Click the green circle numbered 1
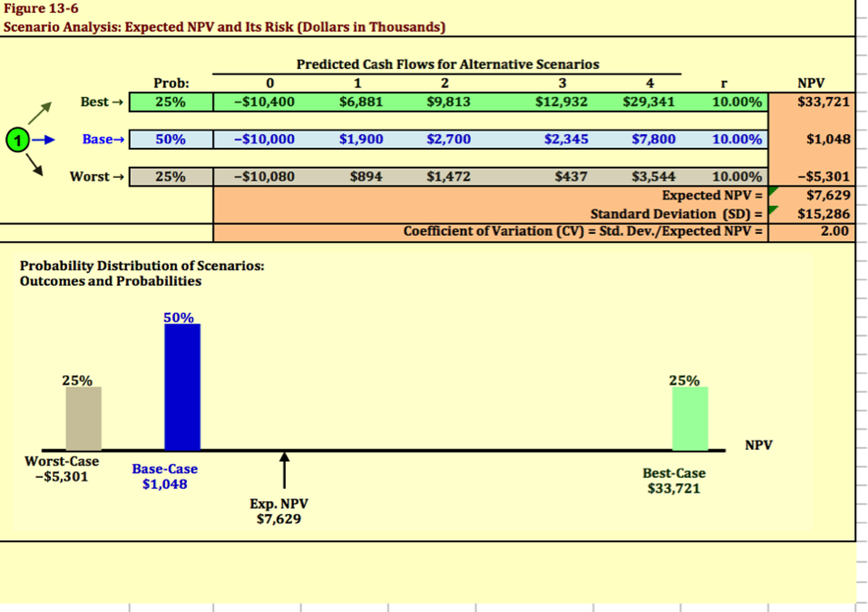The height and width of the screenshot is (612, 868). coord(17,140)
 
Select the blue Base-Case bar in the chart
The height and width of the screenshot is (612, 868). coord(182,387)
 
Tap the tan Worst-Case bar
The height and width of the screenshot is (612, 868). coord(84,418)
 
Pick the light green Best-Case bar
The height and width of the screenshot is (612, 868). coord(690,418)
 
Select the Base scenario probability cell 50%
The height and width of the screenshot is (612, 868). coord(171,140)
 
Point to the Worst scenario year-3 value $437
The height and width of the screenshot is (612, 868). coord(571,176)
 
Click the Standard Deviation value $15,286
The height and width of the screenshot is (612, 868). coord(823,214)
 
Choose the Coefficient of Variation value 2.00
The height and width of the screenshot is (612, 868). coord(834,232)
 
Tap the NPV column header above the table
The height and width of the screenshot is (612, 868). coord(811,83)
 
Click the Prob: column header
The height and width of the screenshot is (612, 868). coord(171,83)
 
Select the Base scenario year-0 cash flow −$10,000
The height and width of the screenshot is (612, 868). coord(264,140)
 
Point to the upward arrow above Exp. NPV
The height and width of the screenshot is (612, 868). coord(284,469)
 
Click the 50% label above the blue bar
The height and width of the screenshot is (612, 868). coord(179,318)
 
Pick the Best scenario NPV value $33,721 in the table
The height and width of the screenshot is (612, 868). coord(823,102)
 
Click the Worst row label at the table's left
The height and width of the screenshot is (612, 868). coord(90,176)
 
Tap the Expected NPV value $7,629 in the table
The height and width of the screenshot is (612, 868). coord(828,195)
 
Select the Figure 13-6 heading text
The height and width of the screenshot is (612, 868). coord(41,8)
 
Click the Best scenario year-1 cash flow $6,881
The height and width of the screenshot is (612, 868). coord(361,102)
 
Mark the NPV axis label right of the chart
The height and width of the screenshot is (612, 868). coord(759,445)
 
